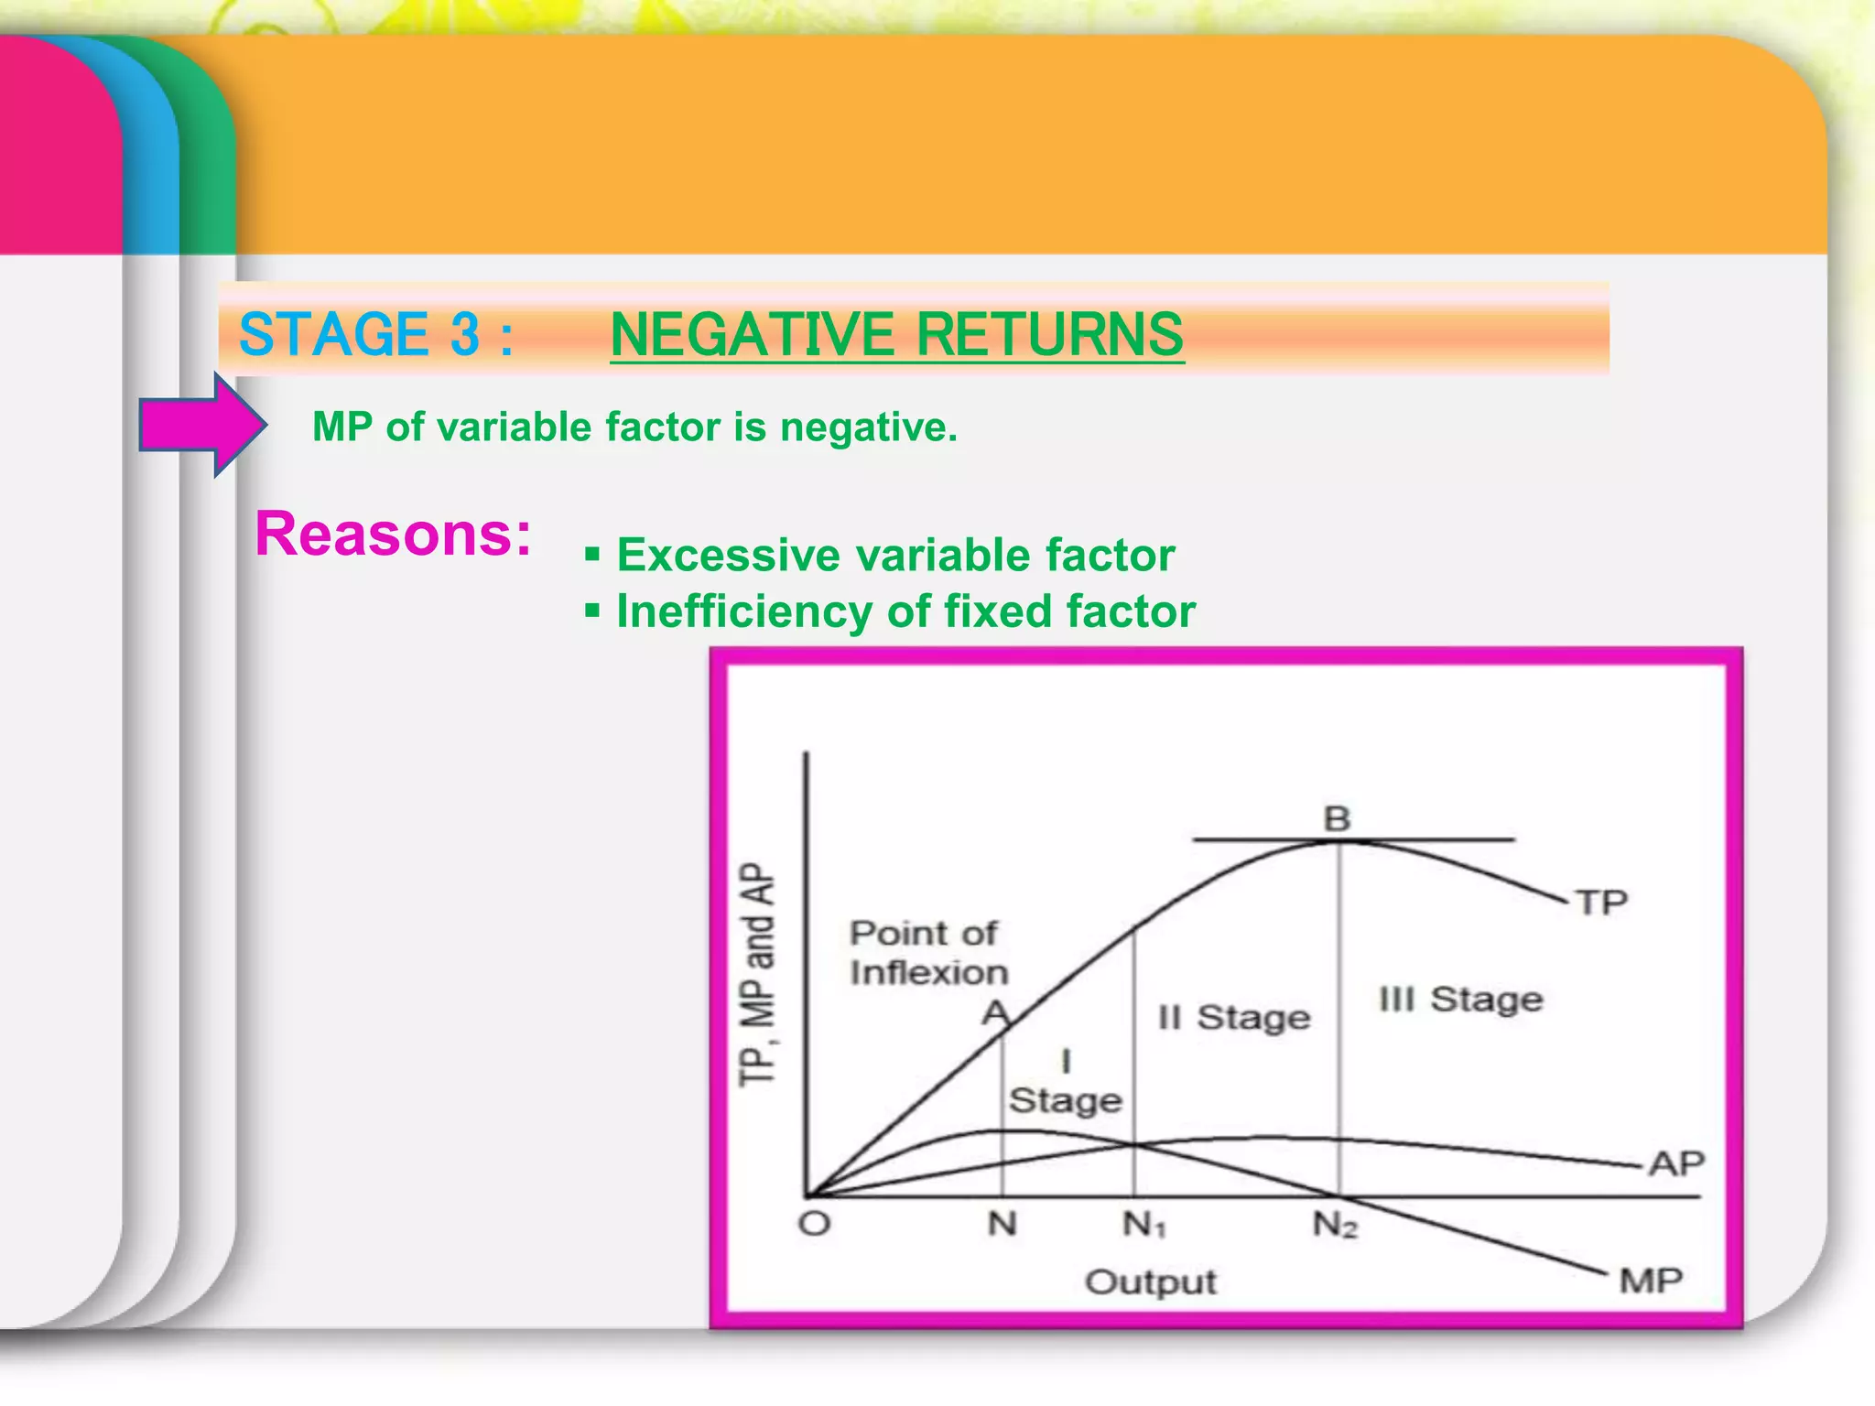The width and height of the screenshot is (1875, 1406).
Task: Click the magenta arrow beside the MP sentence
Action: click(x=201, y=425)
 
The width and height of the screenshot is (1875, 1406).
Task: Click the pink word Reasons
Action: click(x=392, y=534)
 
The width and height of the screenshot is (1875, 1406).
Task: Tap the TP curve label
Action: click(x=1601, y=903)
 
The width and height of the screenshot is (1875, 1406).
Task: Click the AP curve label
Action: click(x=1676, y=1164)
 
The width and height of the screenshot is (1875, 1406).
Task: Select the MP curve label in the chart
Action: click(x=1651, y=1281)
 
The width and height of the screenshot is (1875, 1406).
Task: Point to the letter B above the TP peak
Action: click(x=1337, y=818)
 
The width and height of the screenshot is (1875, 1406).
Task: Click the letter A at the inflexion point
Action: click(x=994, y=1013)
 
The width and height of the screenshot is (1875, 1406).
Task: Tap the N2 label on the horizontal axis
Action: click(x=1334, y=1225)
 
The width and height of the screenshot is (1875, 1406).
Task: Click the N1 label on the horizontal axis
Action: click(x=1143, y=1225)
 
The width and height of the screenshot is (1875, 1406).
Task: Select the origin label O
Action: click(x=814, y=1224)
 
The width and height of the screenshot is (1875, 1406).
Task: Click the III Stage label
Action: click(x=1460, y=1000)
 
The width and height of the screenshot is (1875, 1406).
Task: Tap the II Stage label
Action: click(x=1233, y=1018)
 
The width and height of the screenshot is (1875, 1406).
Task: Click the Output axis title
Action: click(x=1150, y=1282)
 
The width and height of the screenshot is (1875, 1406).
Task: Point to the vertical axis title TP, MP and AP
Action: click(x=758, y=974)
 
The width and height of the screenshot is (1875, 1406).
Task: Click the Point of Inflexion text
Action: click(x=927, y=953)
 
